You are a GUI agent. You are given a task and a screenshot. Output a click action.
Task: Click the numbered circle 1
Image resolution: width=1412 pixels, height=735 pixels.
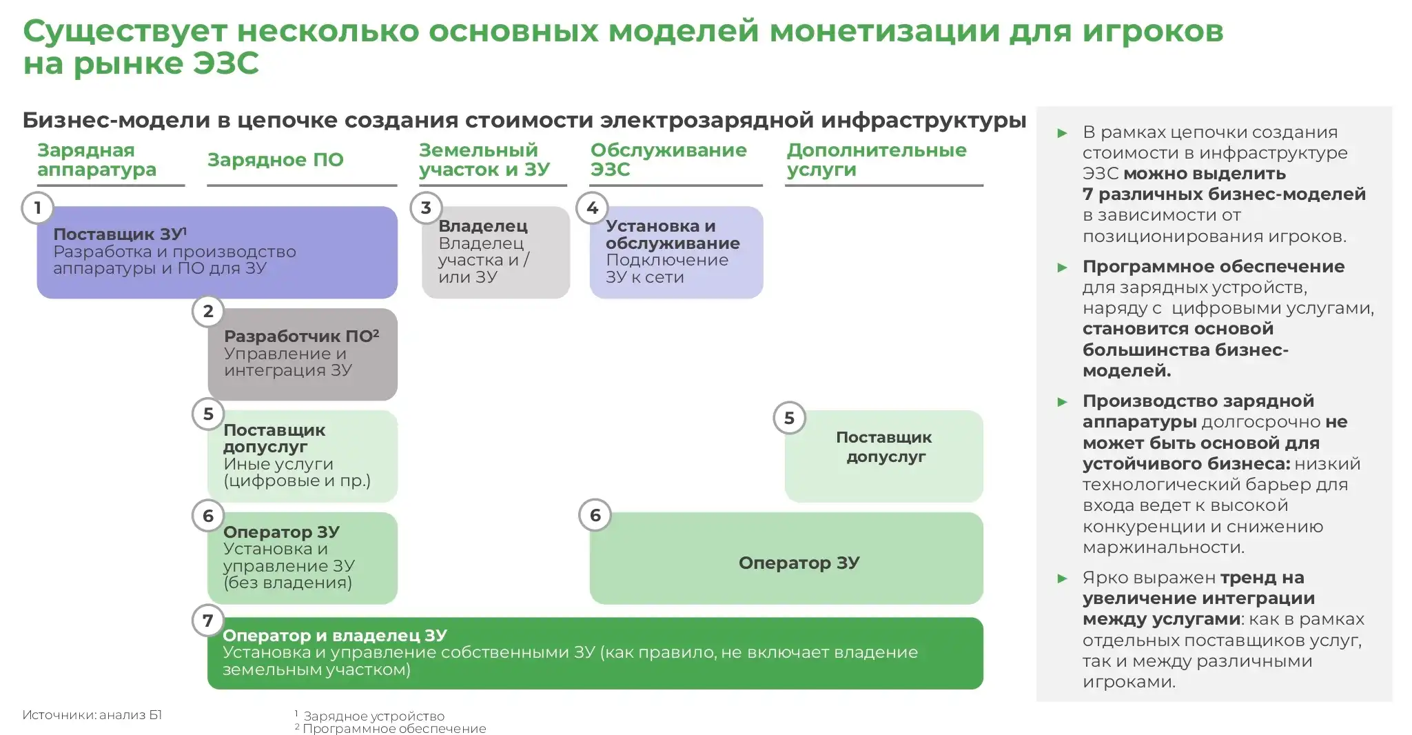tap(37, 208)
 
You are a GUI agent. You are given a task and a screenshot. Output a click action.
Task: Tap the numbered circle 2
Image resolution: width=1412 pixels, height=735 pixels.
tap(208, 312)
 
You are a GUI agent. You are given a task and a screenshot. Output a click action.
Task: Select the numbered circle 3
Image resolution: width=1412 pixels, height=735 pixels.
tap(426, 208)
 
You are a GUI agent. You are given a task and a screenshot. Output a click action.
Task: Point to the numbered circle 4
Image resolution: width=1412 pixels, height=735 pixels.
tap(592, 208)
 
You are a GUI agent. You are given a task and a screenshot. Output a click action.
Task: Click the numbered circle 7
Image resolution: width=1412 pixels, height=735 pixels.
tap(208, 621)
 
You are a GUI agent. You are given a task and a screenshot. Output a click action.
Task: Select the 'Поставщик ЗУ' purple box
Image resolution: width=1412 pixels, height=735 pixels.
tap(217, 252)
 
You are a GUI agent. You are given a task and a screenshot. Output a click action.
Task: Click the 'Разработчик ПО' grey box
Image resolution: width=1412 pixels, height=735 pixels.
tap(303, 354)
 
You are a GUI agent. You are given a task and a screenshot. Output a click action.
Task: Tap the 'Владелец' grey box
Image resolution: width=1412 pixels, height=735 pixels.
tap(495, 252)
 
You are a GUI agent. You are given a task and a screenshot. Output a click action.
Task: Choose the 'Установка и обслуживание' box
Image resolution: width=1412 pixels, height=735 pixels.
tap(676, 252)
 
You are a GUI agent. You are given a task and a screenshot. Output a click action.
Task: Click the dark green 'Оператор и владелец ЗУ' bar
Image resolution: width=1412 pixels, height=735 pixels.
tap(595, 653)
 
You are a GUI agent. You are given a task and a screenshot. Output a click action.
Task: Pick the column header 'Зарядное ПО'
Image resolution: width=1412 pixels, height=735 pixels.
tap(276, 160)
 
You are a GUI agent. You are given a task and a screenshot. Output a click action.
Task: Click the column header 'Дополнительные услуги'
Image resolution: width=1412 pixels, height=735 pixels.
tap(877, 160)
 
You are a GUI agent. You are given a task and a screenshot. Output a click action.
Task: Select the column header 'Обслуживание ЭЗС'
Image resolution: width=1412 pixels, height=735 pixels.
tap(668, 160)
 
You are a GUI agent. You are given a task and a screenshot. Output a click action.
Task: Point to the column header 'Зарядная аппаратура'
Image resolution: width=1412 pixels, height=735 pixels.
tap(96, 160)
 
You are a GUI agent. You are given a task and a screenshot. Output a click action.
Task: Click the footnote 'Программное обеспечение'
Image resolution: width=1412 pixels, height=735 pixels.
tap(394, 729)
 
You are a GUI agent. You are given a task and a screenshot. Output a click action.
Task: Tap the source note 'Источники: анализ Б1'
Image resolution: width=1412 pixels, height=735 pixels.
tap(92, 715)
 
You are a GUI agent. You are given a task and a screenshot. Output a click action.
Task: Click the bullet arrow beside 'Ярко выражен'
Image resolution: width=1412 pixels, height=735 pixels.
tap(1063, 578)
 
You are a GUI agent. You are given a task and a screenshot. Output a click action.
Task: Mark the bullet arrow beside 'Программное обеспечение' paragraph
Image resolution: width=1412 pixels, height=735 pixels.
tap(1063, 268)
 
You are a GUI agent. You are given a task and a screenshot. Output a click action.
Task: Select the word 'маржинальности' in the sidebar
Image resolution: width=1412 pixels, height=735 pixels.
tap(1163, 547)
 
